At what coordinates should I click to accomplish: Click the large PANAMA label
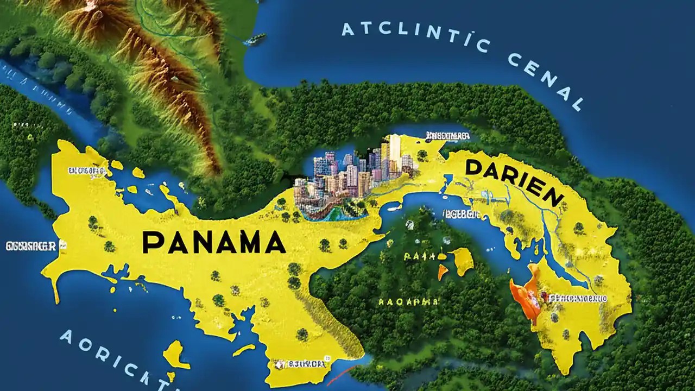214,242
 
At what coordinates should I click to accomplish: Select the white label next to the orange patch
578,298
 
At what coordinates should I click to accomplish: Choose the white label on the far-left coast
30,246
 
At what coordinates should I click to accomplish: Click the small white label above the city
448,135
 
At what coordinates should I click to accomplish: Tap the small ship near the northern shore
255,40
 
